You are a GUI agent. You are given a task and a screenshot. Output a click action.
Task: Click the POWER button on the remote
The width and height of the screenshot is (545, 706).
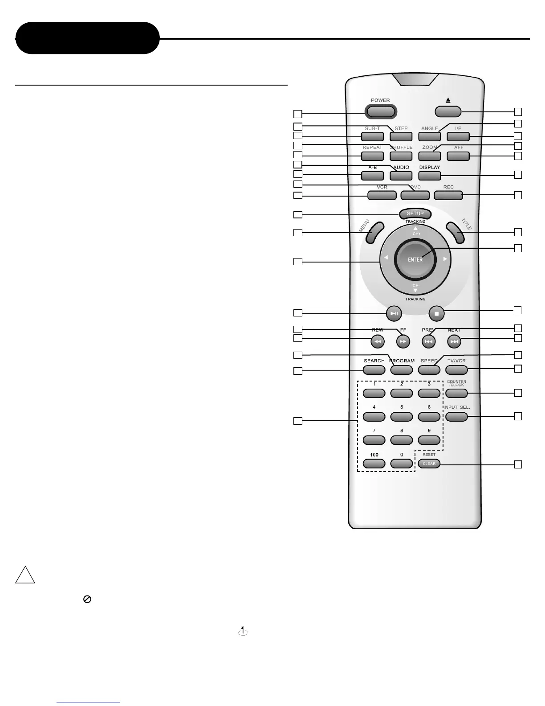pos(381,111)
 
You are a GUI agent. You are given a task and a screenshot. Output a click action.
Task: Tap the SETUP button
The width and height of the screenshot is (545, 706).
pos(415,213)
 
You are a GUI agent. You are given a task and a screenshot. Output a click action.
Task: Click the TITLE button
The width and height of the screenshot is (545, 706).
pos(456,233)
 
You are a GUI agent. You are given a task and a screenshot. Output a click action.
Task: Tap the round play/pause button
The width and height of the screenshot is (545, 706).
pos(394,313)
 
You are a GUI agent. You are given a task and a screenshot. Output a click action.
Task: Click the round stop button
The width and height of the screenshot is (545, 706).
pos(436,313)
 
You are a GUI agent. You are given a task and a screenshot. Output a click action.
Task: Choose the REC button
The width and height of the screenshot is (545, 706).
pos(448,195)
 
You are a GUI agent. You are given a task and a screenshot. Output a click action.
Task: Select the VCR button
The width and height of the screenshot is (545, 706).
pos(382,195)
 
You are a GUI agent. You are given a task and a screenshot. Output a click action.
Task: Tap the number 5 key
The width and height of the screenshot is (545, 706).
pos(402,416)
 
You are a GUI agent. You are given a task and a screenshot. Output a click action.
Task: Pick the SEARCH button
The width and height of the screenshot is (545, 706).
pos(374,369)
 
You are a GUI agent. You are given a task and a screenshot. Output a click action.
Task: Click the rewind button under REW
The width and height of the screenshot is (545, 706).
pos(377,342)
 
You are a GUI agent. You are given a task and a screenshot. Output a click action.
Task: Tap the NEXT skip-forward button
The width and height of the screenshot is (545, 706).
pos(454,342)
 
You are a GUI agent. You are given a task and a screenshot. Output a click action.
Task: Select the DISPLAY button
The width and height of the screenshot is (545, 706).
pos(430,175)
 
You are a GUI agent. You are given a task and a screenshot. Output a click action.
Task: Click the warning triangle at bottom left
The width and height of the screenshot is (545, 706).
pos(25,576)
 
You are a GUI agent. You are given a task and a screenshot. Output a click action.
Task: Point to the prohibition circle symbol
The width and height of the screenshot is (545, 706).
pos(87,599)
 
